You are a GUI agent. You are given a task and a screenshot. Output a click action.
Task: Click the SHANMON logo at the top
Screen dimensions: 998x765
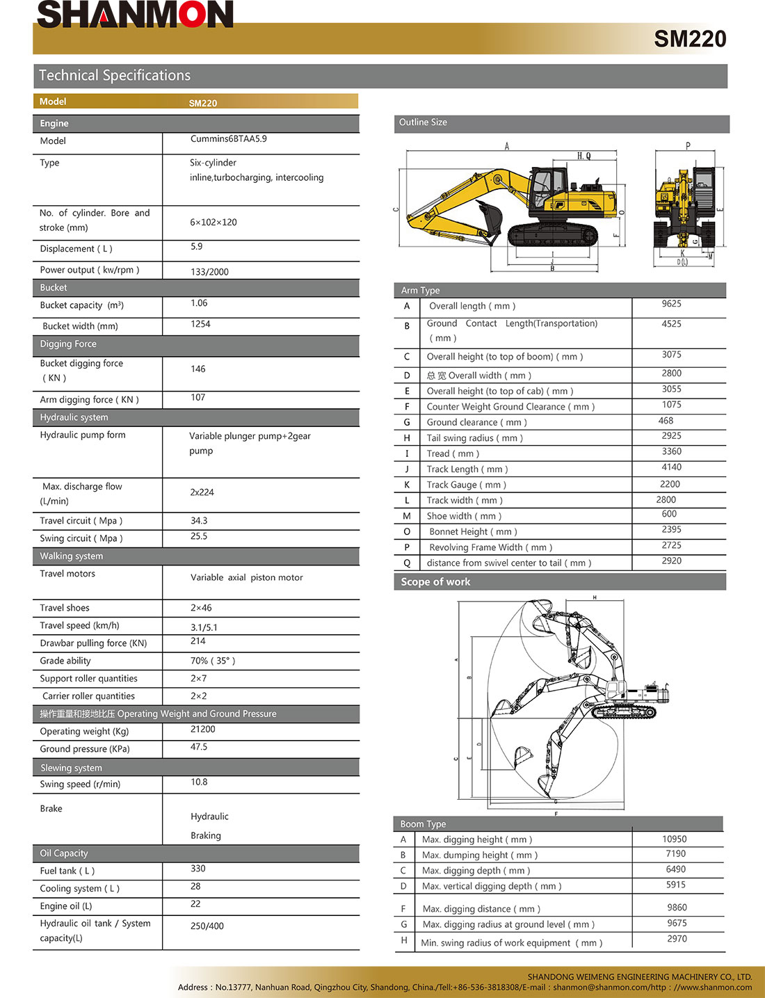[x=135, y=15]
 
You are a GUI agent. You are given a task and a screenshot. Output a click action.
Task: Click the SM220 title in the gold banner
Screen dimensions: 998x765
[x=690, y=39]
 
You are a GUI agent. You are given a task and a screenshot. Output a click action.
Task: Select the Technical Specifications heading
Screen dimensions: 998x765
[x=115, y=76]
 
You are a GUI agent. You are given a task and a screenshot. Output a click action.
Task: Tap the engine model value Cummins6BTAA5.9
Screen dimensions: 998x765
[x=228, y=139]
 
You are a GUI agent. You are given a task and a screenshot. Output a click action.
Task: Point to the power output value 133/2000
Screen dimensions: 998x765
[x=209, y=272]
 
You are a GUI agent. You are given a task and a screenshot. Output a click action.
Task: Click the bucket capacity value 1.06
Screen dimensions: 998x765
[x=199, y=303]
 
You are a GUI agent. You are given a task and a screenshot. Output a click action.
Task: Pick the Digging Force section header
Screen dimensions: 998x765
[x=68, y=344]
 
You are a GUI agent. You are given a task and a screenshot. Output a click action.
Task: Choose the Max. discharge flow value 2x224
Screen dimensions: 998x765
[x=202, y=492]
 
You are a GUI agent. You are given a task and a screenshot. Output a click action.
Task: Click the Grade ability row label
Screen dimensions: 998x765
[x=65, y=661]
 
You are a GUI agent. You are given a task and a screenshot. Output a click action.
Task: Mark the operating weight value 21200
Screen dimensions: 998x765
[x=203, y=730]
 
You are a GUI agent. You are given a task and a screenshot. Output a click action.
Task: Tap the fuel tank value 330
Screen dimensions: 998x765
[x=198, y=869]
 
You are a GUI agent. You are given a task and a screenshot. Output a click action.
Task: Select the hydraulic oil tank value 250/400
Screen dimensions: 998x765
[x=207, y=926]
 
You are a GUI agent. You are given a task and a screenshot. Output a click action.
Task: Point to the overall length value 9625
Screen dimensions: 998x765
[x=671, y=304]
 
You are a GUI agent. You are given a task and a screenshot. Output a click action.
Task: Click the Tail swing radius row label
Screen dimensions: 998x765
[x=474, y=438]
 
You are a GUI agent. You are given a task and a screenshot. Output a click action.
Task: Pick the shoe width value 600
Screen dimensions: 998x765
[x=669, y=514]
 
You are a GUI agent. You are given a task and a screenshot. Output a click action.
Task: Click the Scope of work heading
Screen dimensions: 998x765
[x=436, y=582]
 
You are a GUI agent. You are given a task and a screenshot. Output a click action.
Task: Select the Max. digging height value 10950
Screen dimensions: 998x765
[x=674, y=839]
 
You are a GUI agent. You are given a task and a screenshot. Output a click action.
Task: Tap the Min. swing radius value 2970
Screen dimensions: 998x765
[x=677, y=939]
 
